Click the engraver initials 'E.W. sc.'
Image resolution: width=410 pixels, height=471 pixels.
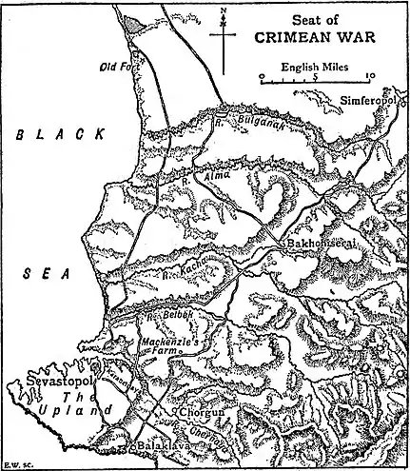coord(14,464)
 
